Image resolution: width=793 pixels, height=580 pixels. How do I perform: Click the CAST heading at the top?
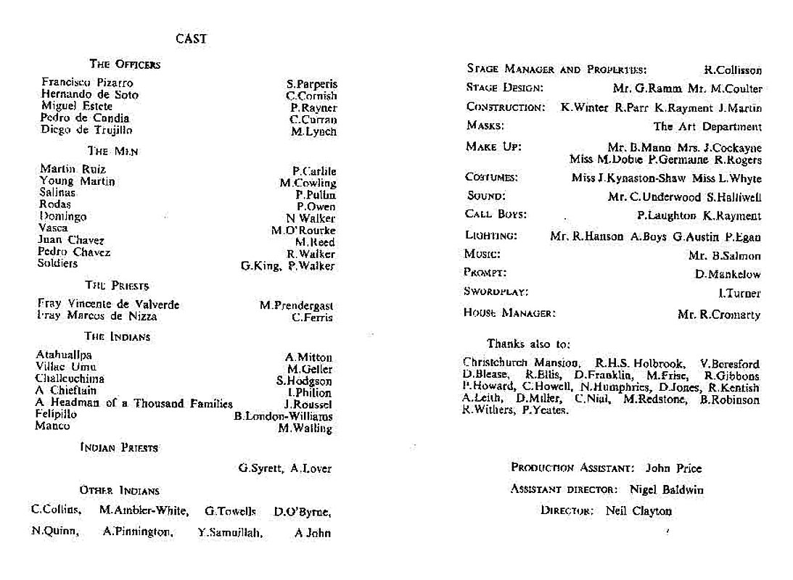click(x=191, y=39)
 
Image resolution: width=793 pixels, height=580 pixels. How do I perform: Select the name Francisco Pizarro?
click(x=87, y=83)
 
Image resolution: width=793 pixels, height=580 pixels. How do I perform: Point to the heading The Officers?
click(x=124, y=65)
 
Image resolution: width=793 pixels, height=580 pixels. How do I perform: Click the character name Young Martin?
click(x=77, y=181)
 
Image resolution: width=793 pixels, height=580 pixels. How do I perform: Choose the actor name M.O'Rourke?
click(x=303, y=231)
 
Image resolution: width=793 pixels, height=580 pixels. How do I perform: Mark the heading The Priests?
click(x=117, y=286)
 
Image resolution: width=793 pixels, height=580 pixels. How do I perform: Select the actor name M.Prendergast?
click(x=296, y=306)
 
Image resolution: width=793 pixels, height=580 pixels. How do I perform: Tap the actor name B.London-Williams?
click(x=283, y=416)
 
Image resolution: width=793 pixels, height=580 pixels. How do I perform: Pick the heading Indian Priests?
click(x=118, y=448)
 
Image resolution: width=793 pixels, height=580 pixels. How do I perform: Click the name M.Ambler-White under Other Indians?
click(x=143, y=510)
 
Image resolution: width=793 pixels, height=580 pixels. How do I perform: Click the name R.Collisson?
click(x=733, y=70)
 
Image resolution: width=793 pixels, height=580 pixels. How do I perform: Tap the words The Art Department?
click(x=707, y=126)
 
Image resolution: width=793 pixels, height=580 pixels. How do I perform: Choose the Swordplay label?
click(x=496, y=292)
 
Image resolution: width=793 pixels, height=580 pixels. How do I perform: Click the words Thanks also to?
click(x=528, y=344)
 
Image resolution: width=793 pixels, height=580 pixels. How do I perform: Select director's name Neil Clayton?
click(x=638, y=510)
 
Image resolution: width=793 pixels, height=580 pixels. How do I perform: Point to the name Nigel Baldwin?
click(x=667, y=489)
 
